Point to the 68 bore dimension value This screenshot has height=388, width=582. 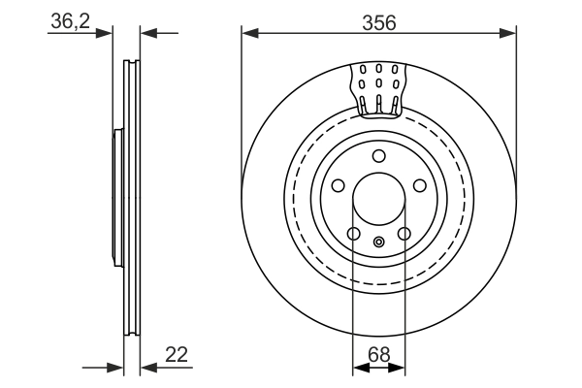378,355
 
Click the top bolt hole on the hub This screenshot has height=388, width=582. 379,156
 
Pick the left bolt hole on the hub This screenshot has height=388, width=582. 338,186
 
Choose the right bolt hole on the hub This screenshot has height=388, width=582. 420,186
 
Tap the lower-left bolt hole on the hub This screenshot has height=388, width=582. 354,234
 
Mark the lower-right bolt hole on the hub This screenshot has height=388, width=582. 404,234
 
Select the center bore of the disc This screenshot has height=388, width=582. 379,200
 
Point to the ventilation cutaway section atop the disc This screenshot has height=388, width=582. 379,87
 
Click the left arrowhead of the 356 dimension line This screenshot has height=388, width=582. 248,34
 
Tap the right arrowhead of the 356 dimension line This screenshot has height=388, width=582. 509,34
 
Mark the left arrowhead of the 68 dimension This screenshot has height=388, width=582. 359,368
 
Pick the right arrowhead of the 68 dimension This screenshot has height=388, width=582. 399,368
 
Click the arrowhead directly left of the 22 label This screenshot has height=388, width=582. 147,368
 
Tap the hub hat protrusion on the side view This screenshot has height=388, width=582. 117,199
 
